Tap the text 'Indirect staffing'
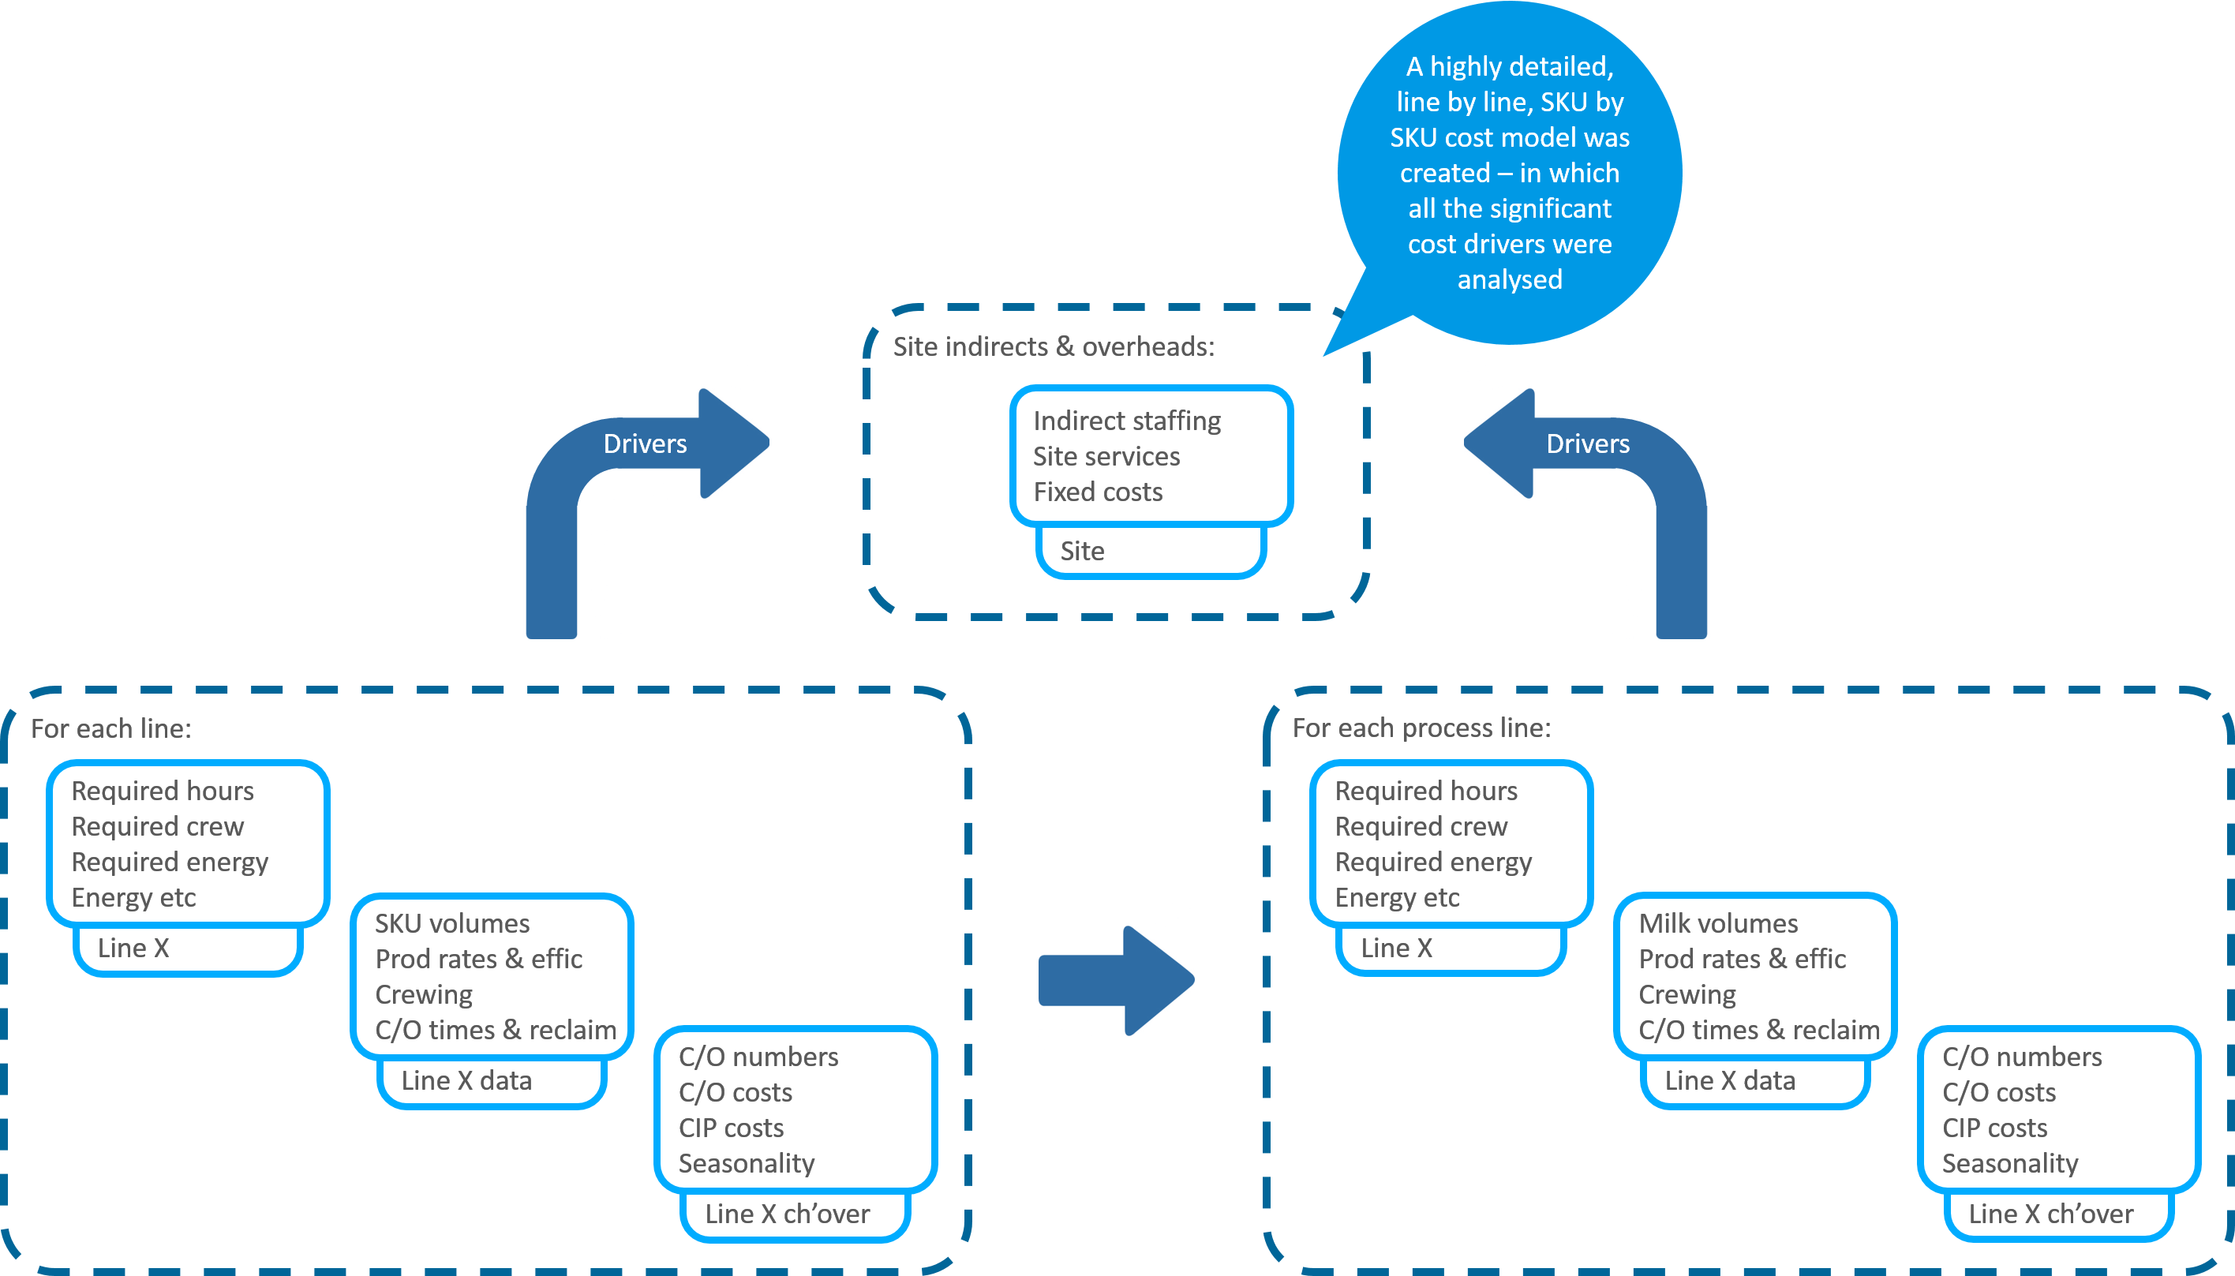coord(1126,421)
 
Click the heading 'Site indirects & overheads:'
coord(1053,347)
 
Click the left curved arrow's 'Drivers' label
coord(644,443)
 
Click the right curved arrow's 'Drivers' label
coord(1586,443)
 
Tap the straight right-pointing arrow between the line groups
coord(1116,981)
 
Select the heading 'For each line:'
coord(110,728)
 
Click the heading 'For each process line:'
coord(1421,728)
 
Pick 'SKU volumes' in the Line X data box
coord(452,924)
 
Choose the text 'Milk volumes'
coord(1717,924)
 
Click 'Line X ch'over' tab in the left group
coord(786,1214)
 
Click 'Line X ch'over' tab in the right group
coord(2050,1214)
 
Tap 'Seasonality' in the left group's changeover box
coord(746,1163)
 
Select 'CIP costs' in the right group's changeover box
coord(1994,1128)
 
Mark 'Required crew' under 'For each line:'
coord(158,826)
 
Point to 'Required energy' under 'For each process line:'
coord(1433,863)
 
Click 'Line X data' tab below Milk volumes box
coord(1729,1080)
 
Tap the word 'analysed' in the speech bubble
coord(1509,279)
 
